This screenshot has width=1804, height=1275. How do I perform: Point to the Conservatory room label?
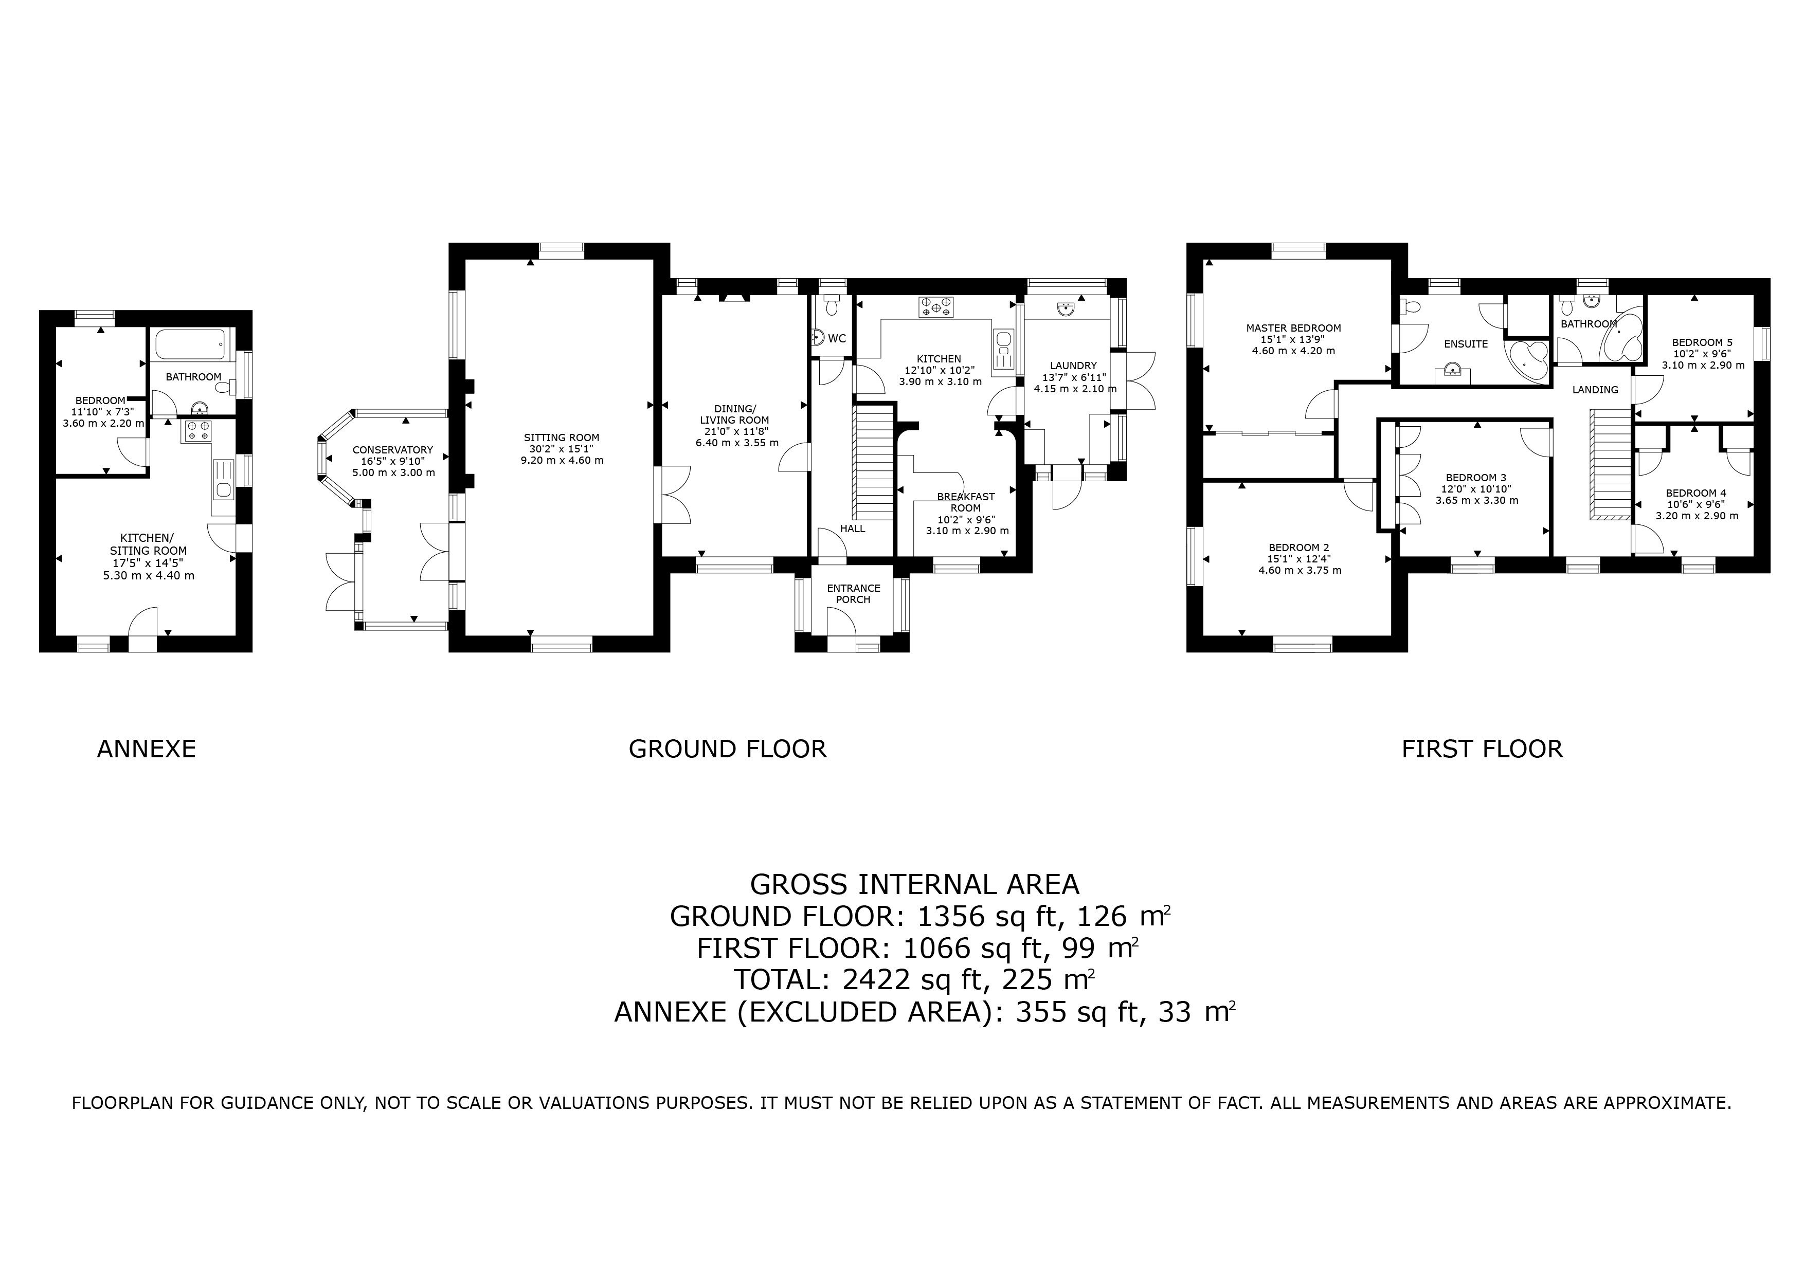[x=392, y=450]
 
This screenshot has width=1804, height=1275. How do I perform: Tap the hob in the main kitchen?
[x=936, y=307]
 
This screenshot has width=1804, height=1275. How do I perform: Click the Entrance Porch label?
[x=853, y=594]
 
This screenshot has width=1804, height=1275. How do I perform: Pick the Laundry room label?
[x=1073, y=366]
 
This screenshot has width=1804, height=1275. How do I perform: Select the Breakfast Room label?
[x=966, y=502]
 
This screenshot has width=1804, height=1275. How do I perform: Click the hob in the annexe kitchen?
[x=197, y=430]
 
